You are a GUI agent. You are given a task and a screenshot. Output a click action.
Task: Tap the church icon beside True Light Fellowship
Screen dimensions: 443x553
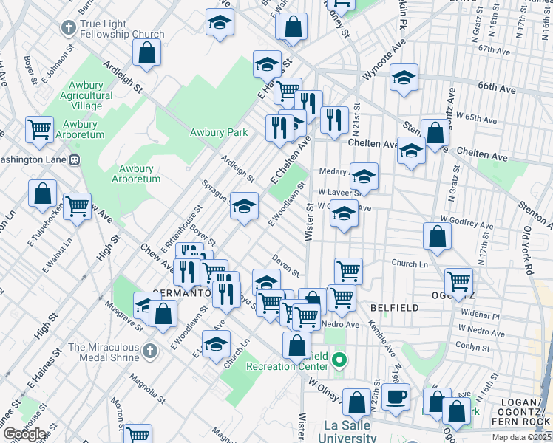[x=69, y=28]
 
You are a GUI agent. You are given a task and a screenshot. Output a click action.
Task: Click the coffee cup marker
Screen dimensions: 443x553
[x=396, y=395]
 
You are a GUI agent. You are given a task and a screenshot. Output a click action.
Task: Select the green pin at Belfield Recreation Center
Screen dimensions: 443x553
[x=339, y=360]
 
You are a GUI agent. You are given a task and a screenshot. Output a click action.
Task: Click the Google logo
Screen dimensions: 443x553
[x=24, y=434]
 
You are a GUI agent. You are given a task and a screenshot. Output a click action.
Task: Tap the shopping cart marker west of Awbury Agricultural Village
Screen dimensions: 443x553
[x=39, y=128]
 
